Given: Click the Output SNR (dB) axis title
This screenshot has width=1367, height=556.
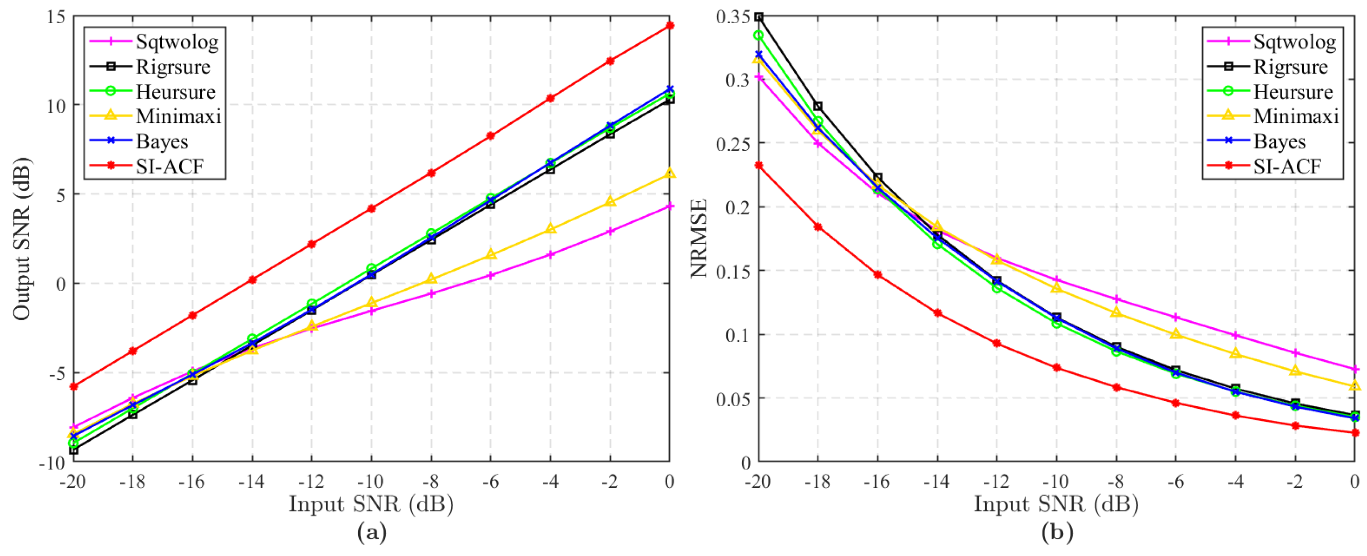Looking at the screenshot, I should point(22,239).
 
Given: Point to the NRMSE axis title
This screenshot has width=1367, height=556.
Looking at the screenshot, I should point(699,239).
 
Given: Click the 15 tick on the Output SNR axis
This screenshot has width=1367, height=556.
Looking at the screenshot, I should point(55,17).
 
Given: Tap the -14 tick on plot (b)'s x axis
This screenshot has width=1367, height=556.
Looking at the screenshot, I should point(936,481).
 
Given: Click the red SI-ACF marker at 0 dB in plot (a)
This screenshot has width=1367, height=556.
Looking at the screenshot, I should point(670,25).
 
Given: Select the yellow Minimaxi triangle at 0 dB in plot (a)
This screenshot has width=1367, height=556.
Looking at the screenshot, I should point(670,173).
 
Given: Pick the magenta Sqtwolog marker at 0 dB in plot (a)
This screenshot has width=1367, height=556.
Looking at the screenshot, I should point(670,206).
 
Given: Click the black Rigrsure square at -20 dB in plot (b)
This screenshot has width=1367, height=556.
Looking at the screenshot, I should point(759,17).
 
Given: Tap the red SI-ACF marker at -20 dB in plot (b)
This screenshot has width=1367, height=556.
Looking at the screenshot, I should point(759,166).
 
